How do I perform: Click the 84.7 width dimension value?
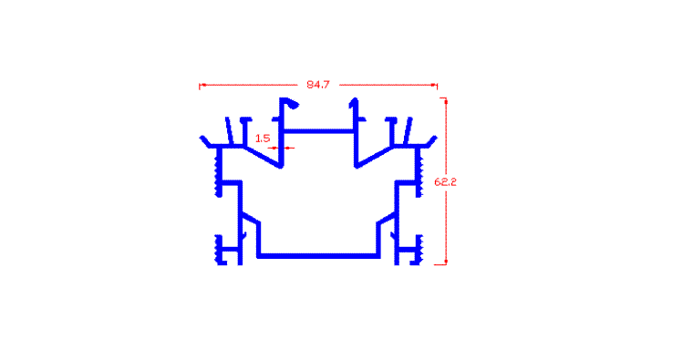click(x=318, y=85)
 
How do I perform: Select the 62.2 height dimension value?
click(x=446, y=182)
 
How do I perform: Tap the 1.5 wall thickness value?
click(x=263, y=139)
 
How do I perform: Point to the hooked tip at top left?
click(x=293, y=104)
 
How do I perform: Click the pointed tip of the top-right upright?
click(x=353, y=102)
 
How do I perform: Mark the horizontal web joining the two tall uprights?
click(x=318, y=131)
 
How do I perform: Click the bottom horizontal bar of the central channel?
click(x=318, y=256)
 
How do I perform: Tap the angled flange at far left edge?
click(x=204, y=141)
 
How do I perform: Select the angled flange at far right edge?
click(x=431, y=141)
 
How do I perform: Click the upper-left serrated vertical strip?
click(x=218, y=172)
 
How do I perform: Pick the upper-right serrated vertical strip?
click(x=419, y=172)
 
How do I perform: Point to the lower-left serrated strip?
click(x=218, y=250)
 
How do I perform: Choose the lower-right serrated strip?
click(x=419, y=250)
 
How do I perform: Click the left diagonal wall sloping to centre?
click(x=263, y=157)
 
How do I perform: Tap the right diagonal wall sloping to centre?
click(x=374, y=157)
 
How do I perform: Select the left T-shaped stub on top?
click(x=245, y=130)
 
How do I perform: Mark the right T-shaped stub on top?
click(x=391, y=130)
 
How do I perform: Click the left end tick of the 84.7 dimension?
click(x=200, y=86)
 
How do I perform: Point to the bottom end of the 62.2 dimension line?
click(x=446, y=264)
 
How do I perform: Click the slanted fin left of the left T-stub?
click(x=229, y=130)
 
